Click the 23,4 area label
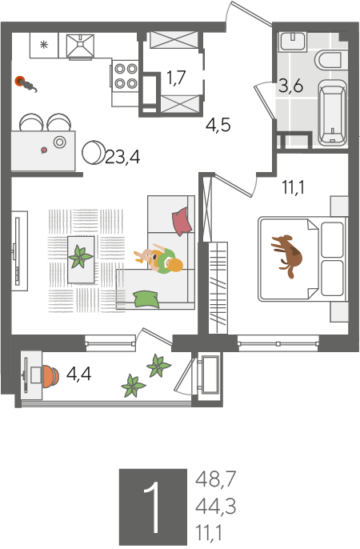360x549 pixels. (122, 158)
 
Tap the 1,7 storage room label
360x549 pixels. (176, 78)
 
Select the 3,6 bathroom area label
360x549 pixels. (290, 86)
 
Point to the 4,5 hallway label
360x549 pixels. (218, 125)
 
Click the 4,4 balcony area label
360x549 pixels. (79, 374)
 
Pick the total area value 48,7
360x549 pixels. (216, 479)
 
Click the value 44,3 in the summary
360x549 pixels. (215, 507)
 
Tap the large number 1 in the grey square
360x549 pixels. (153, 507)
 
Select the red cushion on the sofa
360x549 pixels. (182, 222)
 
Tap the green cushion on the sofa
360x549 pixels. (146, 299)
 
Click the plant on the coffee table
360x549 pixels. (81, 258)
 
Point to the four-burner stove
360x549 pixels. (126, 75)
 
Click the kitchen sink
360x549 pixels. (81, 46)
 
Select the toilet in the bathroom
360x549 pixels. (328, 60)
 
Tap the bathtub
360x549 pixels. (333, 113)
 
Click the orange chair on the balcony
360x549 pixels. (50, 376)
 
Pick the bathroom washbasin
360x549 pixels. (293, 42)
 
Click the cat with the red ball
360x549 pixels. (26, 84)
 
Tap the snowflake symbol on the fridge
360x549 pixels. (43, 45)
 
